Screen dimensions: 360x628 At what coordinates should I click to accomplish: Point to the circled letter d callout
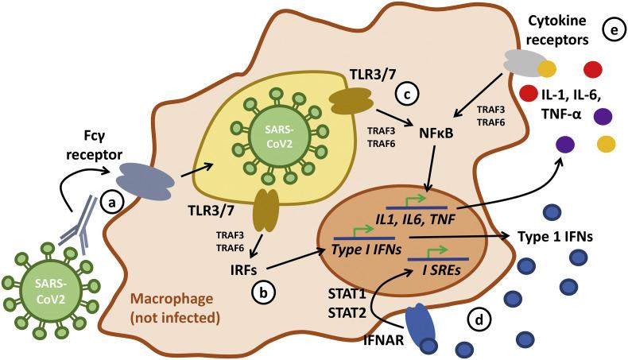(479, 321)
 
